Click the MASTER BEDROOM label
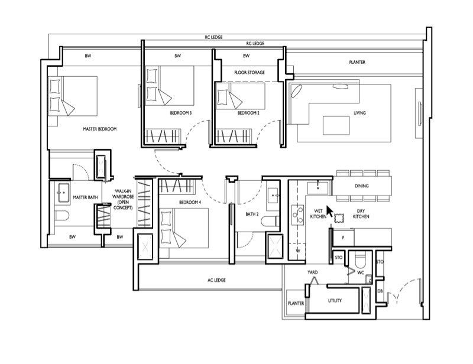point(99,129)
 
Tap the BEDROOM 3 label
point(181,113)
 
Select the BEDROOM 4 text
point(190,202)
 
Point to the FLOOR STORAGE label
point(250,72)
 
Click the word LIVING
point(359,113)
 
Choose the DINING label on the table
point(362,186)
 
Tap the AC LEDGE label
point(216,280)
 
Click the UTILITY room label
point(335,301)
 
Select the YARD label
point(313,272)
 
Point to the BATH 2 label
point(252,214)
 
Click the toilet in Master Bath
point(63,215)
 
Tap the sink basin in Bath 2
point(274,196)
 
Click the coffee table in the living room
point(336,125)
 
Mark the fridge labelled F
point(344,238)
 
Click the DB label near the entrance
point(380,291)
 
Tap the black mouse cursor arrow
point(330,212)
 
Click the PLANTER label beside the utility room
point(296,303)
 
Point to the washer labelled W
point(298,251)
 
